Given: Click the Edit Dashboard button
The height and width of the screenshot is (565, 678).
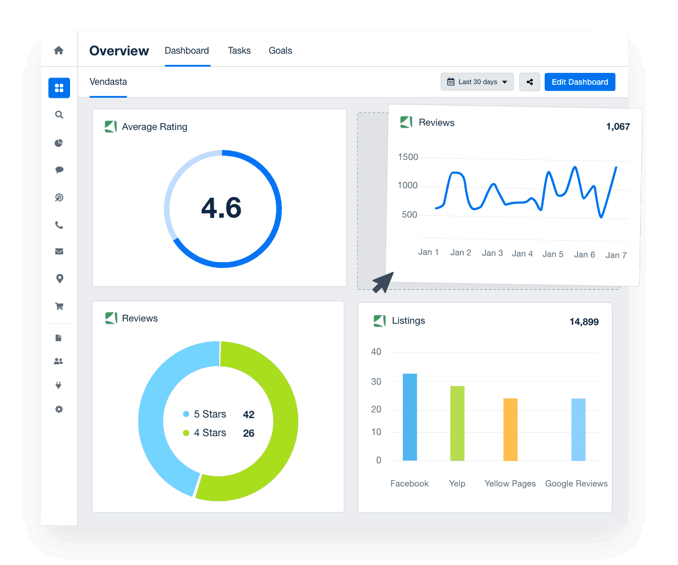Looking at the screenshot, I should tap(580, 82).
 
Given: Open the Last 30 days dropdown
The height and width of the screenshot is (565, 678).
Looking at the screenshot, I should tap(477, 82).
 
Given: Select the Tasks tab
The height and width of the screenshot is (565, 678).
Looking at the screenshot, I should tap(239, 51).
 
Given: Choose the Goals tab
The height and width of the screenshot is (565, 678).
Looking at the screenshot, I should tap(280, 51).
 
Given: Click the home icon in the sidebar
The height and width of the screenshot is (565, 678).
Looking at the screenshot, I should tap(59, 50).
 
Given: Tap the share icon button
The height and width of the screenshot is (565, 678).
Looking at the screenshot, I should tap(530, 82).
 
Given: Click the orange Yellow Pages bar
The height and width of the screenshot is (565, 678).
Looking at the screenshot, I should tap(510, 429).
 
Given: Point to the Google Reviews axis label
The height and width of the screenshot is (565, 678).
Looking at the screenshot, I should tap(576, 484).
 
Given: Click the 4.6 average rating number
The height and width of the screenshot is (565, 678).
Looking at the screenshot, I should tap(221, 208).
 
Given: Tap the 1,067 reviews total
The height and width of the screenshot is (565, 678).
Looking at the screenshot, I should tap(618, 127).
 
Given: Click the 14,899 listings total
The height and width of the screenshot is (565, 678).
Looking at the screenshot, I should tap(584, 322).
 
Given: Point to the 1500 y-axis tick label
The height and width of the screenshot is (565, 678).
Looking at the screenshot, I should tap(408, 157).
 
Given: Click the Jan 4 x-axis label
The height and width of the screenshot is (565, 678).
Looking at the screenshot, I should tap(522, 254).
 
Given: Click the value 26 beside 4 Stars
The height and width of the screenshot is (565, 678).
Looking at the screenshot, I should tap(249, 433).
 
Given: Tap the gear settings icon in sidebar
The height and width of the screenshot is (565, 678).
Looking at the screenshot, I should tap(59, 409).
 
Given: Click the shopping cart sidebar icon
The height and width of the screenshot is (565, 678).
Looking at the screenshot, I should tap(59, 306).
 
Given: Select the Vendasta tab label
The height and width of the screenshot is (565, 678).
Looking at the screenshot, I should tap(108, 82).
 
